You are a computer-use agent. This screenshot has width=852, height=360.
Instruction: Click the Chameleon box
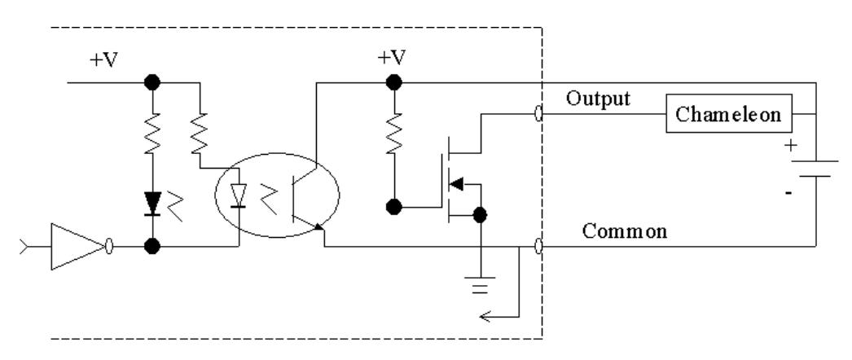pyautogui.click(x=729, y=113)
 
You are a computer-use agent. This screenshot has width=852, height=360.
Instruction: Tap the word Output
pyautogui.click(x=598, y=99)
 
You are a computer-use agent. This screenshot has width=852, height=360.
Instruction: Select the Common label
pyautogui.click(x=624, y=231)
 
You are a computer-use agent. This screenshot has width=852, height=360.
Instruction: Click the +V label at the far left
pyautogui.click(x=103, y=60)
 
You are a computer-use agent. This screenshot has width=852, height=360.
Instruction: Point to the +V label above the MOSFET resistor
pyautogui.click(x=392, y=58)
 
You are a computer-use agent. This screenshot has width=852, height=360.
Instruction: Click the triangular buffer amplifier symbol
pyautogui.click(x=77, y=247)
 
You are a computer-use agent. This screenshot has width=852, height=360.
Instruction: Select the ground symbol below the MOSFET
pyautogui.click(x=480, y=285)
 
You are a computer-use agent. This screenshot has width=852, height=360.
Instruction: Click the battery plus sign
pyautogui.click(x=791, y=146)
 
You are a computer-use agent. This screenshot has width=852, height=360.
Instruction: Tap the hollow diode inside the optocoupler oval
pyautogui.click(x=239, y=195)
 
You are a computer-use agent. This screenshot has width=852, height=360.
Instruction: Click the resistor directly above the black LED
pyautogui.click(x=152, y=134)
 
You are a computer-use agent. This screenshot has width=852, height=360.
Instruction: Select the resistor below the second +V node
pyautogui.click(x=394, y=134)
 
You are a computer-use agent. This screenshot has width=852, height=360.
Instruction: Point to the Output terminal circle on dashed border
pyautogui.click(x=538, y=114)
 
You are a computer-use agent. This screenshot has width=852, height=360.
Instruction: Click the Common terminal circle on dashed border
pyautogui.click(x=538, y=247)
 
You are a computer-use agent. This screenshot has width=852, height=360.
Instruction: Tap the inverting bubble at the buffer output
pyautogui.click(x=108, y=247)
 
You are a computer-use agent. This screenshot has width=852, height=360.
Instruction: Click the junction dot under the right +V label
pyautogui.click(x=394, y=82)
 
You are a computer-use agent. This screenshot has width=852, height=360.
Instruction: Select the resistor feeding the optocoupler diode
pyautogui.click(x=200, y=134)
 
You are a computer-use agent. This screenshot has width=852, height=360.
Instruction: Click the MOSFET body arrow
pyautogui.click(x=458, y=184)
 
